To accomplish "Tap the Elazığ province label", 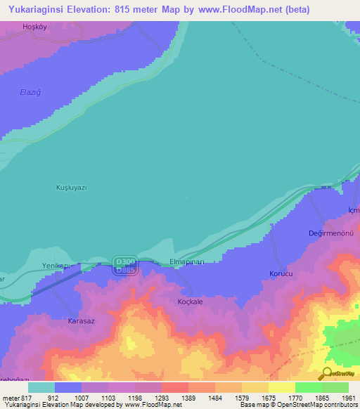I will click(29, 91).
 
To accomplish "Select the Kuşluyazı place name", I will click(71, 188).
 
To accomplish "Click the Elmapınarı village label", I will click(187, 261).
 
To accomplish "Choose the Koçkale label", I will click(189, 301).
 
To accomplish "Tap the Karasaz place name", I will click(81, 320).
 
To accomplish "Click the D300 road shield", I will click(125, 261).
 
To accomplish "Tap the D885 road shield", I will click(125, 270).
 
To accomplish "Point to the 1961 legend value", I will click(349, 398).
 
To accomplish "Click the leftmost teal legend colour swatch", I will click(41, 387).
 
